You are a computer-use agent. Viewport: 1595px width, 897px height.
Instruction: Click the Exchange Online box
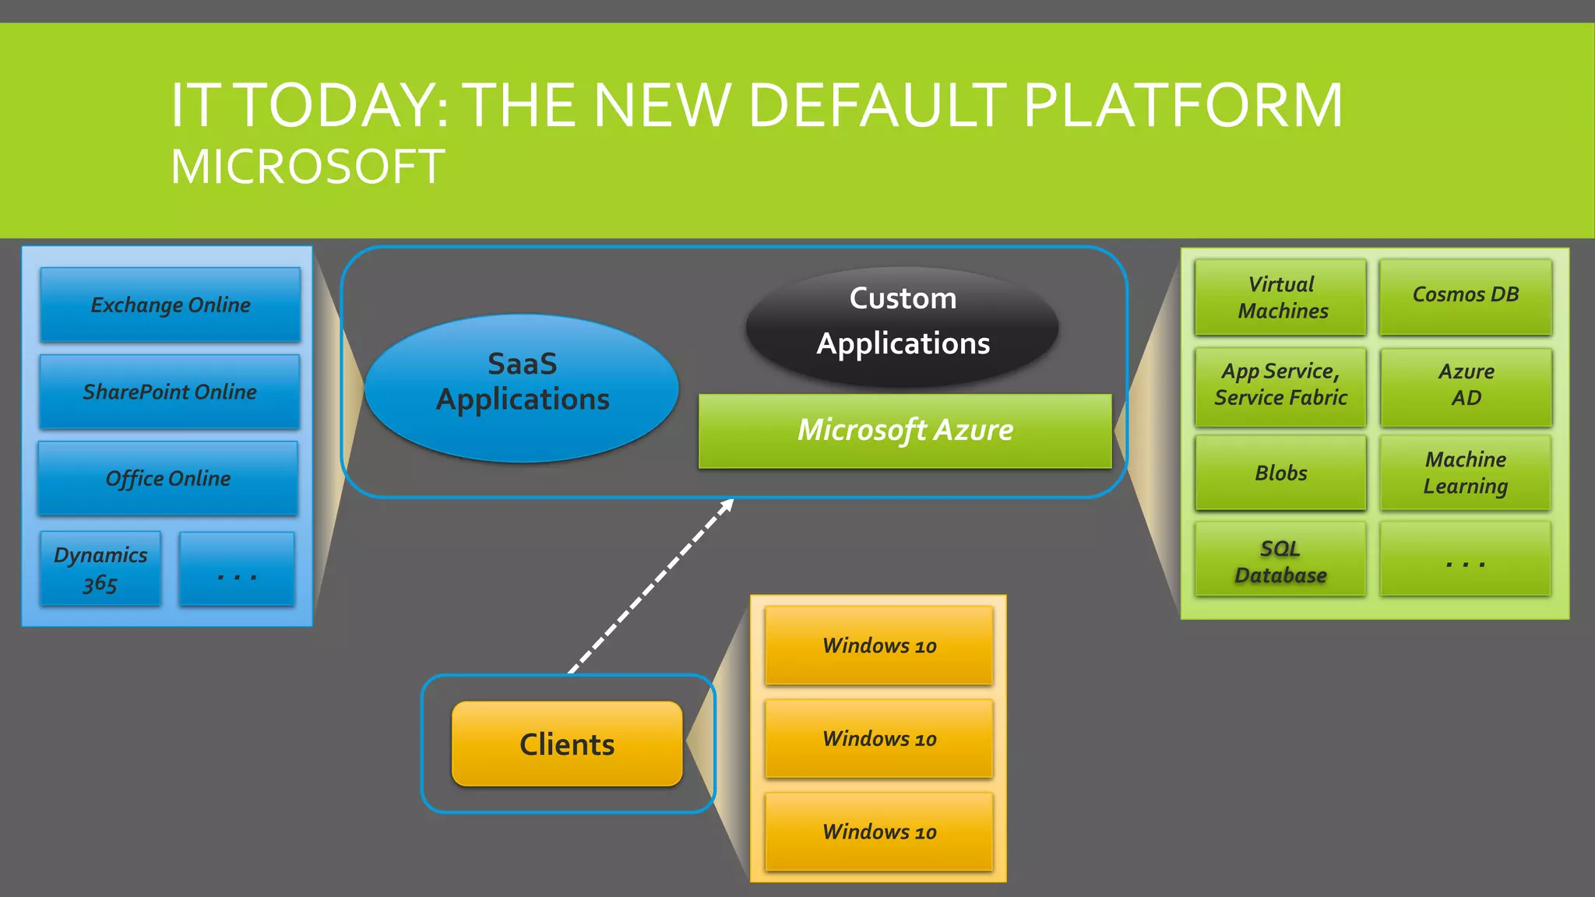point(170,304)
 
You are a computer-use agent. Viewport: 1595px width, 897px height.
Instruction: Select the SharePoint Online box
point(169,392)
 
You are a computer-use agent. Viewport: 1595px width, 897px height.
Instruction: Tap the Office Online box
point(167,478)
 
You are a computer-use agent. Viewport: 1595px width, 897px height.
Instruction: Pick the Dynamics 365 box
point(100,568)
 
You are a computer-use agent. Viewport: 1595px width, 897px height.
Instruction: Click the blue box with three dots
point(237,569)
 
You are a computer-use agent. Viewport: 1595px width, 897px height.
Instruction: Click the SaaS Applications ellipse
point(522,388)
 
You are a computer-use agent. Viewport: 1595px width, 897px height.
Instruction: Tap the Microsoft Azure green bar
point(905,431)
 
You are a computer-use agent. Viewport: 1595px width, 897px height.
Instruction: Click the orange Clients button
point(567,744)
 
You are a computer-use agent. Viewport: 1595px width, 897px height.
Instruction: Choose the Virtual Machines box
point(1281,297)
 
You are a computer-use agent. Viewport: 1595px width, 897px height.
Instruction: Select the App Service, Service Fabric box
point(1280,385)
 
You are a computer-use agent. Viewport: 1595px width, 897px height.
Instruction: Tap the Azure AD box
point(1466,385)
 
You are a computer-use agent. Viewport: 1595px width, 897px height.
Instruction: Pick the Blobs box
point(1280,473)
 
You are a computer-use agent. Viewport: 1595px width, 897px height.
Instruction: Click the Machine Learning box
point(1465,473)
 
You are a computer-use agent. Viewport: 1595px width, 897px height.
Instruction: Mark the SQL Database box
point(1280,561)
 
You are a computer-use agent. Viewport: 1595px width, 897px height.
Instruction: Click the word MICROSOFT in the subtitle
point(308,167)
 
